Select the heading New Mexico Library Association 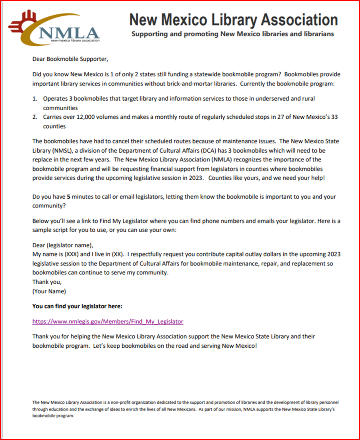click(234, 20)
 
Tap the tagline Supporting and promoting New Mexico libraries click(232, 34)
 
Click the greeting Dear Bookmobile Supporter click(70, 60)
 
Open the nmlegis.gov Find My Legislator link click(108, 321)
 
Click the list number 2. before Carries click(35, 117)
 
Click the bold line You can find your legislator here click(77, 306)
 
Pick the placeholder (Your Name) click(49, 291)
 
